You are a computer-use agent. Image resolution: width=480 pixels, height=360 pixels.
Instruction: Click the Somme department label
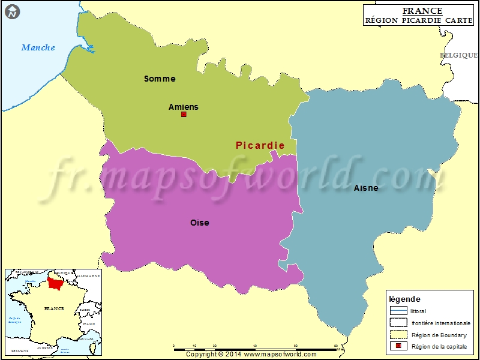(160, 79)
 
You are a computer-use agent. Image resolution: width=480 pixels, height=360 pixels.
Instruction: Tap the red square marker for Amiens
(184, 114)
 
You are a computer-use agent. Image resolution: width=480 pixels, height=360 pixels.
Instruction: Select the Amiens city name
(183, 107)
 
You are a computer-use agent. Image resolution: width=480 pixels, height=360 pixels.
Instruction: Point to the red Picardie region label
(260, 145)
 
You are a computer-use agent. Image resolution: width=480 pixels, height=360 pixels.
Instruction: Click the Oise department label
(200, 223)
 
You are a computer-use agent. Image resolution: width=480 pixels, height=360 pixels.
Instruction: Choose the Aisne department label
(366, 188)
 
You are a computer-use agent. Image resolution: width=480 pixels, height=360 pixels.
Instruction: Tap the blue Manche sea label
(38, 47)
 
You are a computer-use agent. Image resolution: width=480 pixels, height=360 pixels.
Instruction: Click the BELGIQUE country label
(459, 55)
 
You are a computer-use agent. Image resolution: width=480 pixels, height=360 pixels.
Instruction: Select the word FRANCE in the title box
(422, 11)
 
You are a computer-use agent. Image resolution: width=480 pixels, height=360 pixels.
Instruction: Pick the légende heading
(405, 299)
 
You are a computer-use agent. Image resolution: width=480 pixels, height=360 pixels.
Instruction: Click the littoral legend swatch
(398, 311)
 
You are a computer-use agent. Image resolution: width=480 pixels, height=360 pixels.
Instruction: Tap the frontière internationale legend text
(441, 323)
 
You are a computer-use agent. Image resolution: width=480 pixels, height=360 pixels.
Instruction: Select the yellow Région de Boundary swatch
(398, 335)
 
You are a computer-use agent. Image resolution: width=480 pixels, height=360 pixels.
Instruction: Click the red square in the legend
(398, 347)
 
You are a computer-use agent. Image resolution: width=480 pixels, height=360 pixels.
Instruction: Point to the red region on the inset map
(56, 281)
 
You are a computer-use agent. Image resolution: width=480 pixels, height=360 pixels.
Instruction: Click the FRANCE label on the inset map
(54, 308)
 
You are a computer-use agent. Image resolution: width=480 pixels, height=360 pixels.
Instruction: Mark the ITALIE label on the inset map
(89, 325)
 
